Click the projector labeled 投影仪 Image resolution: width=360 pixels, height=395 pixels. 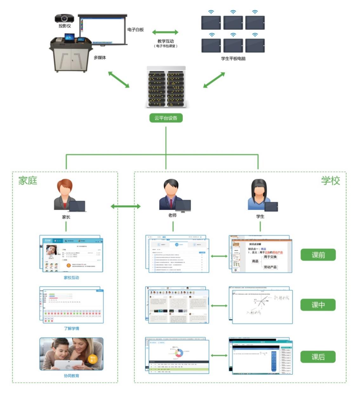64,18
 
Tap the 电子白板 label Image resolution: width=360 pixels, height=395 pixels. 136,30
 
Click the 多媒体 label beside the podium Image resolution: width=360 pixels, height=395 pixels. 100,57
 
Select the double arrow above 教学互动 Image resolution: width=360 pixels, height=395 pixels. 165,32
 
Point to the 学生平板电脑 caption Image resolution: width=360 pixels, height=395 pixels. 233,58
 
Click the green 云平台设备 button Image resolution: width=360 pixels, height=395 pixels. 166,118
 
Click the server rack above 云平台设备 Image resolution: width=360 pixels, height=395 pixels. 166,87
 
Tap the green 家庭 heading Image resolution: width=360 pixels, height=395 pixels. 28,181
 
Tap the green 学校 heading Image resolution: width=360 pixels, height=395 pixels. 330,181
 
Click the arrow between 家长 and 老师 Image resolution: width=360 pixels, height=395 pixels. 126,206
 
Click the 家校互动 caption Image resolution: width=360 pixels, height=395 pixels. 71,278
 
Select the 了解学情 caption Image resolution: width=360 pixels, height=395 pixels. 71,328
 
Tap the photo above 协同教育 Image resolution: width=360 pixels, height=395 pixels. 71,354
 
